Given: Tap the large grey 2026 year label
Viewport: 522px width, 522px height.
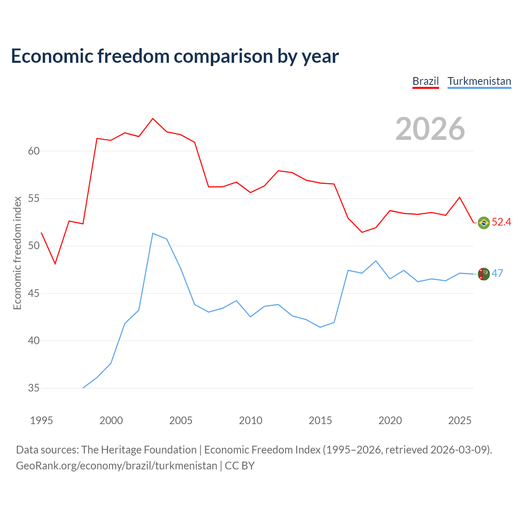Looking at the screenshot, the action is (430, 129).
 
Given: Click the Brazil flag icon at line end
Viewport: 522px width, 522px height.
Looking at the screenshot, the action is (484, 223).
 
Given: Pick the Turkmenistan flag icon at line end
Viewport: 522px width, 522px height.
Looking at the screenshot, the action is (484, 274).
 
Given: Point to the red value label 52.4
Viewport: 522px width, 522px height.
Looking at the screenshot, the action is (501, 222).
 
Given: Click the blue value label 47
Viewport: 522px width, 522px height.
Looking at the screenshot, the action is (497, 273).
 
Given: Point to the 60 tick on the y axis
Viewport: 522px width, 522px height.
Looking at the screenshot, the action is (34, 151).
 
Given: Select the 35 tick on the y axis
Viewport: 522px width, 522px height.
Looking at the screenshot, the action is (34, 388).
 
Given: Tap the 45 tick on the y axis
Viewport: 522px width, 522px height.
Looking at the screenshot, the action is (34, 293).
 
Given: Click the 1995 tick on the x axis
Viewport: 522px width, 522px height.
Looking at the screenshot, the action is (42, 420).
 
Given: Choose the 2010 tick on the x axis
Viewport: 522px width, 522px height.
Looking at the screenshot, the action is (250, 420).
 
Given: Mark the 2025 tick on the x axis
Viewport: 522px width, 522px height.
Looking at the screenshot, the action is (460, 420).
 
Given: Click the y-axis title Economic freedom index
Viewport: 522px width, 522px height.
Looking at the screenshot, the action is (18, 253).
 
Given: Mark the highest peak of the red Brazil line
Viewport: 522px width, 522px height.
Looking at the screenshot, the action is (153, 118).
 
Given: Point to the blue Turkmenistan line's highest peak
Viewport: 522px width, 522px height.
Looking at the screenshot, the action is (153, 233).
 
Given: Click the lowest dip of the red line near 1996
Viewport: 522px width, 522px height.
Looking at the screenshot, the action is (55, 263).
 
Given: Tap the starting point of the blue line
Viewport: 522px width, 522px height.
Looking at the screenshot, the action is (83, 388).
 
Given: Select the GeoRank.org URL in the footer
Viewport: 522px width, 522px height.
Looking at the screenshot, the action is (117, 466).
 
